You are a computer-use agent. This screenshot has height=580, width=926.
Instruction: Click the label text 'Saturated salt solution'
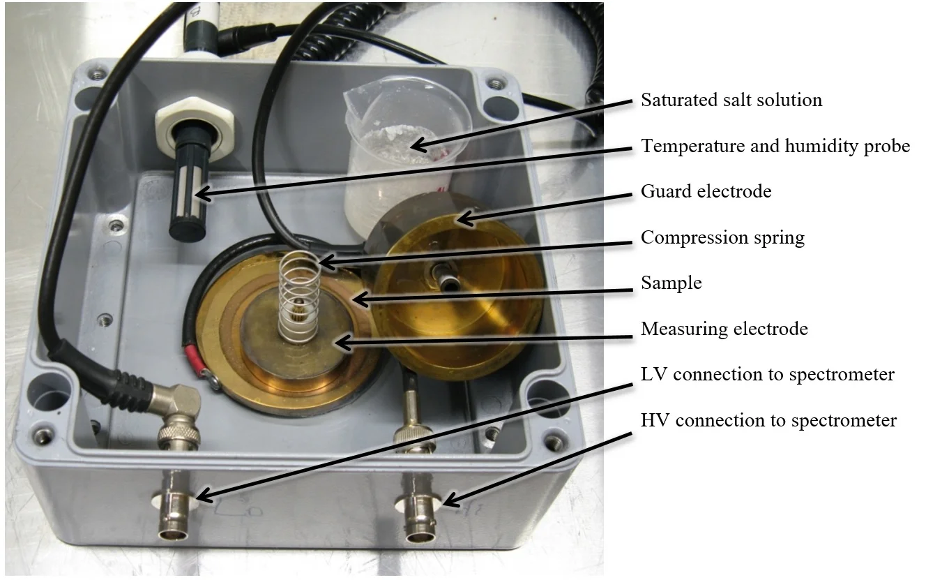tap(731, 100)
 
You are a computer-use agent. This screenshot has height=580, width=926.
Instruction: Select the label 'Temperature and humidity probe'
tap(775, 146)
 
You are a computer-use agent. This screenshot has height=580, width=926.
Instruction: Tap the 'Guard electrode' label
tap(706, 191)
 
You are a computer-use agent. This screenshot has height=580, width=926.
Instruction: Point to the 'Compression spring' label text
tap(722, 237)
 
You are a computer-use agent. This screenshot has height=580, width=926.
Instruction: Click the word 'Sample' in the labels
tap(671, 283)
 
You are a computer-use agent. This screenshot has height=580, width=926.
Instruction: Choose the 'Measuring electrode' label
tap(724, 328)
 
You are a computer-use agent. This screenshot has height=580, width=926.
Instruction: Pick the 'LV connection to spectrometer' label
tap(767, 374)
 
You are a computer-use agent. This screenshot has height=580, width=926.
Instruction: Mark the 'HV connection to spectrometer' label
tap(768, 420)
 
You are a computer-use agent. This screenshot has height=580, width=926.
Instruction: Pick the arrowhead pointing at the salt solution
tap(415, 147)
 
